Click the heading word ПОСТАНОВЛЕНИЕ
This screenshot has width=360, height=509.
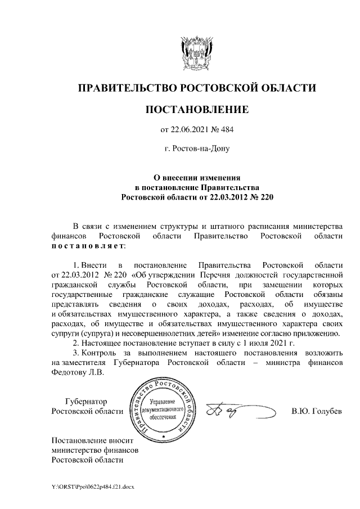point(196,109)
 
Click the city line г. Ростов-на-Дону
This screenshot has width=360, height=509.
point(196,149)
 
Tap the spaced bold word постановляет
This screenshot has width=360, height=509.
point(88,246)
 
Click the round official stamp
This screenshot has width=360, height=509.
point(163,409)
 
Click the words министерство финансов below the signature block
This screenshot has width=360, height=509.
point(94,450)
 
